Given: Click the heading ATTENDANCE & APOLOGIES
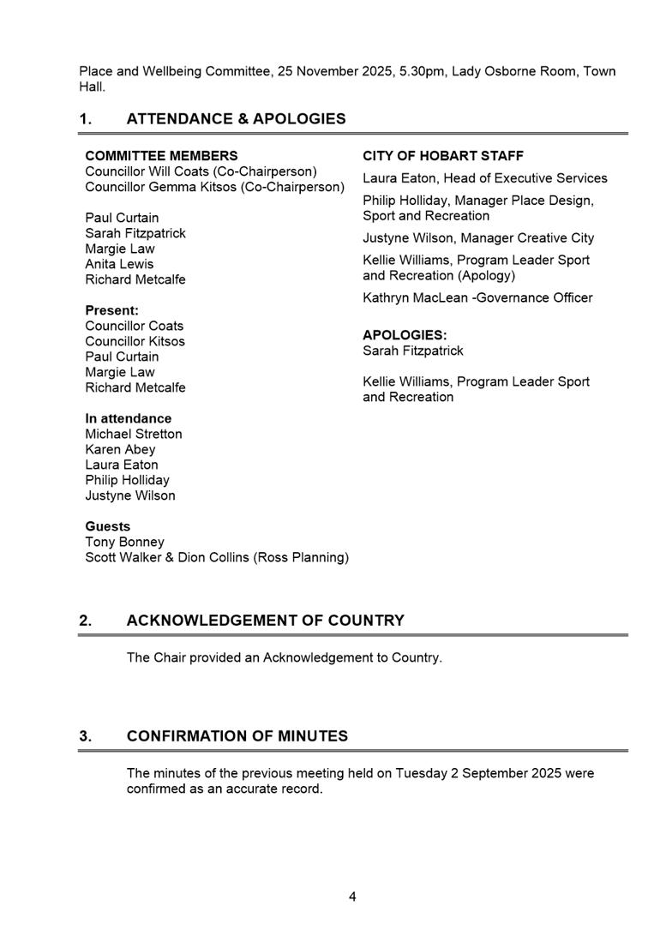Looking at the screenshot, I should click(x=236, y=119).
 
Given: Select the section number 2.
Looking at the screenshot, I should click(x=86, y=621).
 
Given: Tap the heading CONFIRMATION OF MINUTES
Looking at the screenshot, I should click(x=237, y=736).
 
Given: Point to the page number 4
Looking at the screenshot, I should click(x=352, y=897).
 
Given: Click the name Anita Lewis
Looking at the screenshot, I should click(x=119, y=264).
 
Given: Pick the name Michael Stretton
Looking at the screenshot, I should click(x=134, y=434).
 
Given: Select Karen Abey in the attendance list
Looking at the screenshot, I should click(x=120, y=449).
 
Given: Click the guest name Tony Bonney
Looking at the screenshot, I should click(x=124, y=542).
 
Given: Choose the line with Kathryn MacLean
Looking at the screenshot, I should click(x=477, y=297).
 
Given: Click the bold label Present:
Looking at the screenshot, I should click(x=111, y=310).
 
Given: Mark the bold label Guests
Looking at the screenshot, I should click(x=108, y=526).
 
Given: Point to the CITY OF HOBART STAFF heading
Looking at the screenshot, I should click(x=443, y=156).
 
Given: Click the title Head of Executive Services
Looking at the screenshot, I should click(x=525, y=178).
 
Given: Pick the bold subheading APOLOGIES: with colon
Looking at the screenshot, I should click(x=405, y=335).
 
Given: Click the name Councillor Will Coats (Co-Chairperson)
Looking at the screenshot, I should click(x=201, y=171).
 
